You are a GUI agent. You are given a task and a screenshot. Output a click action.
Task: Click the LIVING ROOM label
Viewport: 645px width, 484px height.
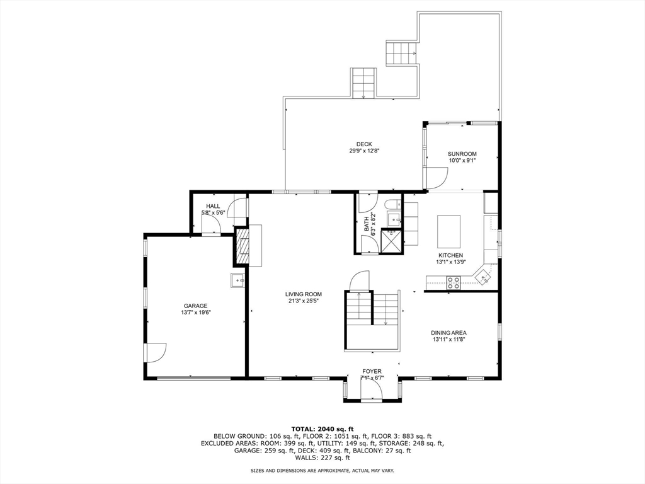pos(304,294)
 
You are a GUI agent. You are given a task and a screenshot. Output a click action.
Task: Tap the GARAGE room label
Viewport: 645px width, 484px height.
pos(195,306)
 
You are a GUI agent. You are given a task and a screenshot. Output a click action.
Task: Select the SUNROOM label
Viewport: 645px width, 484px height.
pos(462,154)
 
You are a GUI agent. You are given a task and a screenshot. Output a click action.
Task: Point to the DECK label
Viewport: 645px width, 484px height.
pos(364,144)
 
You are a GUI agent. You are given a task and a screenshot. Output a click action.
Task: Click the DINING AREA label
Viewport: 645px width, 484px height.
pos(448,333)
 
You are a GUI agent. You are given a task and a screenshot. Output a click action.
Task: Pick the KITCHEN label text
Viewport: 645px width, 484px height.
pos(450,256)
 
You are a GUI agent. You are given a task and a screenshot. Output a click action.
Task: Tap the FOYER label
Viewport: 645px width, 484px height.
pos(372,371)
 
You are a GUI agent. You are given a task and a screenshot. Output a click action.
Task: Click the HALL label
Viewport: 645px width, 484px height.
pos(213,206)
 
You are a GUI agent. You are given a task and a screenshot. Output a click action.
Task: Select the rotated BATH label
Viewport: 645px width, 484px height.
pos(367,224)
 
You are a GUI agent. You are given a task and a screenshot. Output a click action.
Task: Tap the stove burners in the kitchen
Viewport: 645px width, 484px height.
pos(454,283)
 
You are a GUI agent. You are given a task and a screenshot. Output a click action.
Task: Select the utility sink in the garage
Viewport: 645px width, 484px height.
pos(237,280)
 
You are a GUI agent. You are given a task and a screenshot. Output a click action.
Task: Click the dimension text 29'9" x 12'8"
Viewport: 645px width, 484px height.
pos(364,151)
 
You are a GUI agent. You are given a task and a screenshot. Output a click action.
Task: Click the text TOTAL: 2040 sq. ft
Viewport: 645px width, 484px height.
pos(322,429)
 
